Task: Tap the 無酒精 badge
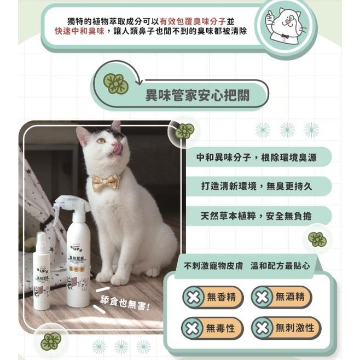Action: coord(281,297)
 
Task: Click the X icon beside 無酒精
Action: coord(263,297)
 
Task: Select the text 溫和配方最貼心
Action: coord(280,266)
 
